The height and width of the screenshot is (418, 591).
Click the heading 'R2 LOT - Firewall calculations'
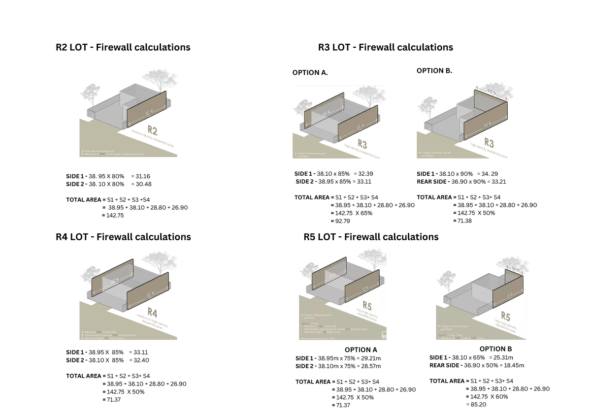click(x=123, y=48)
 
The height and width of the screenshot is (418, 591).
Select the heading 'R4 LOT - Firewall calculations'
click(x=123, y=237)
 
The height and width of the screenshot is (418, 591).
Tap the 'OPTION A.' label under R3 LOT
click(x=310, y=73)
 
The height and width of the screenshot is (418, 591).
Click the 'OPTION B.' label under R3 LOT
click(x=434, y=71)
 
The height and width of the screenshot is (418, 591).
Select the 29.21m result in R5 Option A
click(x=371, y=358)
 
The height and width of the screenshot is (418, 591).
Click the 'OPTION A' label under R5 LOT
click(x=361, y=350)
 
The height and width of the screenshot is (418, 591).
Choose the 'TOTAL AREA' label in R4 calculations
click(x=85, y=376)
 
